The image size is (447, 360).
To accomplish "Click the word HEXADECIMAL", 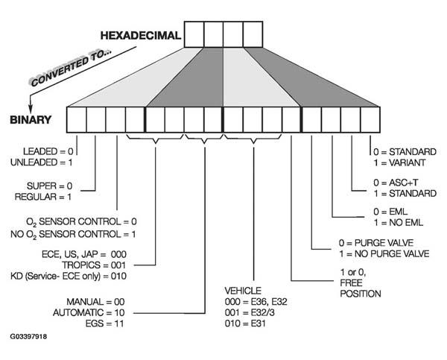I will (x=141, y=34).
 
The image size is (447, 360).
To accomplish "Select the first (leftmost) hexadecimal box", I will (x=194, y=34).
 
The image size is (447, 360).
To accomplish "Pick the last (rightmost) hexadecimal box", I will (x=253, y=34).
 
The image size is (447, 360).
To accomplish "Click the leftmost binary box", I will (x=76, y=119).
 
